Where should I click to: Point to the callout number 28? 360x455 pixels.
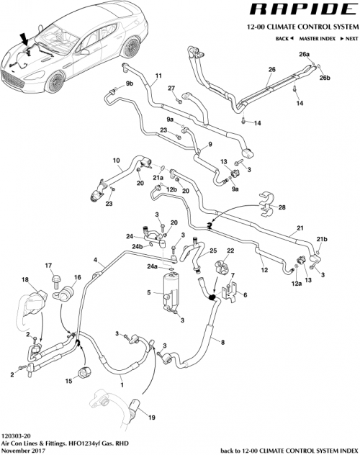pos(282,207)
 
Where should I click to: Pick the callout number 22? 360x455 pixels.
pos(231,251)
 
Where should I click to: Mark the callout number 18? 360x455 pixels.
pos(25,279)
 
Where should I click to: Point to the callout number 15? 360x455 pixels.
pos(70,381)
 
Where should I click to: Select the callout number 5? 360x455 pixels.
pos(148,292)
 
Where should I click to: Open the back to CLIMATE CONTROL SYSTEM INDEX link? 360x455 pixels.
pos(288,450)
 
